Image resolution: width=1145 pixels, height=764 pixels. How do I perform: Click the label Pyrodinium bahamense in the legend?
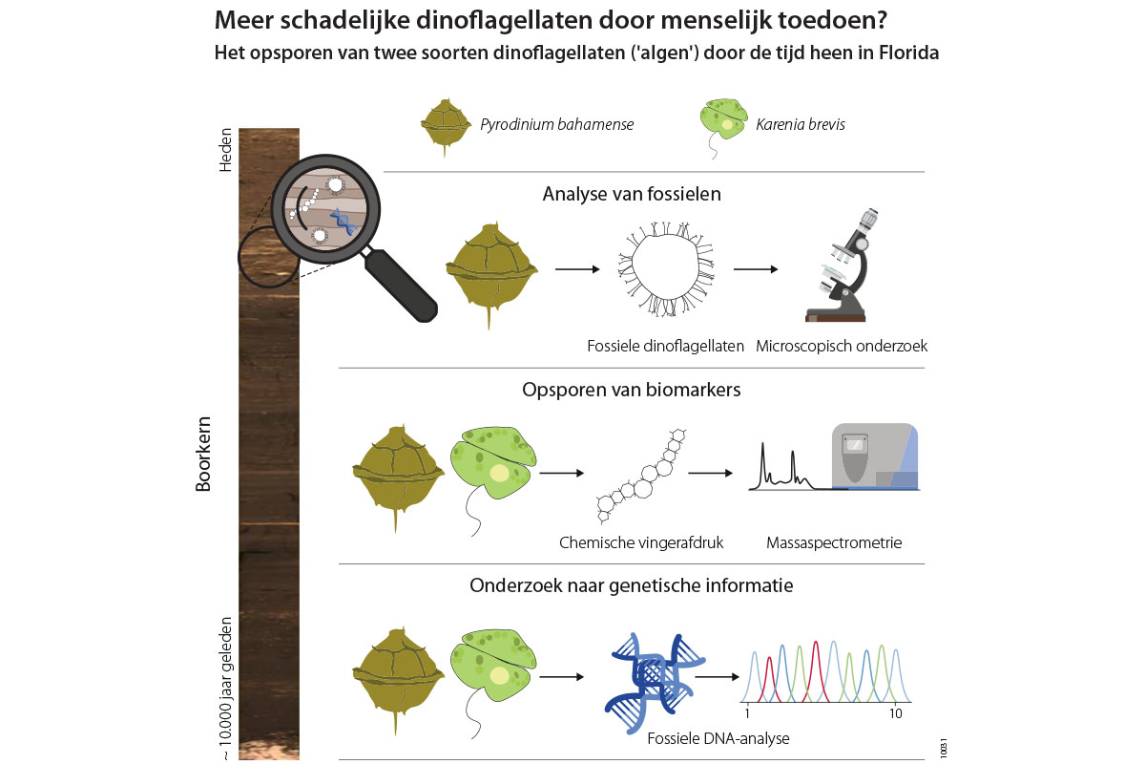[557, 124]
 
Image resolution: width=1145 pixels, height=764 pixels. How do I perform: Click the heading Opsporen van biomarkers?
[632, 390]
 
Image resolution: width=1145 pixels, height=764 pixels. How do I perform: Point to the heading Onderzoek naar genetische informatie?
[632, 584]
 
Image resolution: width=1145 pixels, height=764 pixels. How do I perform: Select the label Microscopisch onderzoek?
[842, 346]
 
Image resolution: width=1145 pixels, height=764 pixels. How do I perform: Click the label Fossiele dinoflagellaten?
[666, 346]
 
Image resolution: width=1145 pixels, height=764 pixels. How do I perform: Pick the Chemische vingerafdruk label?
[641, 542]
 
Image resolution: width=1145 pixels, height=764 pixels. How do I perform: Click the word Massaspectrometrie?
[834, 542]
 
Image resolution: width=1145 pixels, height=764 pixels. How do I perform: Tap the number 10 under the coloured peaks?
[895, 713]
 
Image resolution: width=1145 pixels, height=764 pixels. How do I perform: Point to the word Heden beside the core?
[226, 150]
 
